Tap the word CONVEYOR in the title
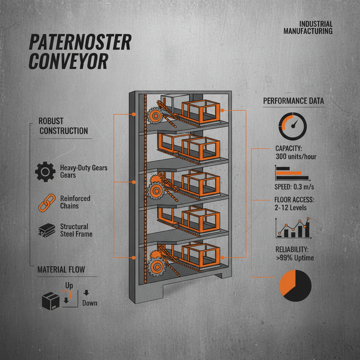(68, 61)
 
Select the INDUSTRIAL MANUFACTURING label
(308, 27)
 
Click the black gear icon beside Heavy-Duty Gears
(45, 171)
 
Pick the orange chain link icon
(45, 202)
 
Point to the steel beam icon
(46, 231)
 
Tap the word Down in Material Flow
(89, 303)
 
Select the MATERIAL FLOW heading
(61, 270)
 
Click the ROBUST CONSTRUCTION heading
(64, 126)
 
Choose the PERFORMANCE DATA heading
(294, 101)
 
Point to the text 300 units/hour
(296, 156)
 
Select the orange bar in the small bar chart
(289, 173)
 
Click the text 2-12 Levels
(290, 207)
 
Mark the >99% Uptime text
(295, 258)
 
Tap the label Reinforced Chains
(75, 202)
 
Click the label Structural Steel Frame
(76, 230)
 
